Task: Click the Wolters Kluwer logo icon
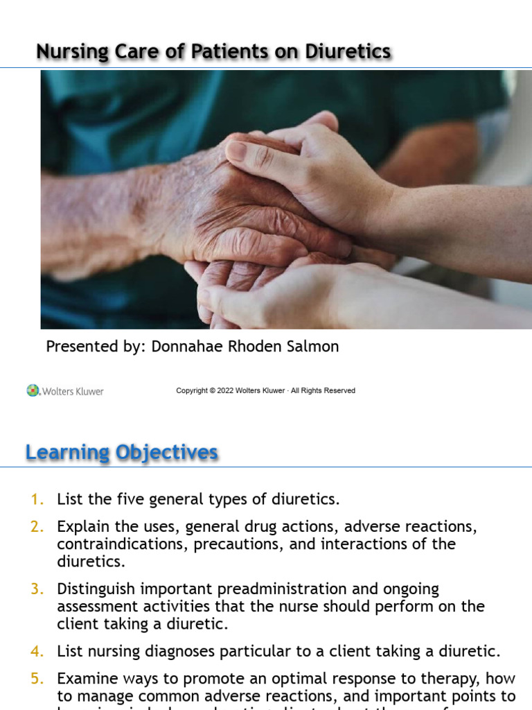click(x=33, y=390)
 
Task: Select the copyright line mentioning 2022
click(x=265, y=390)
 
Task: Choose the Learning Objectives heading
click(x=122, y=453)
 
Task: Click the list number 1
click(x=37, y=499)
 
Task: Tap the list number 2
click(x=37, y=527)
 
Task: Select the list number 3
click(x=37, y=589)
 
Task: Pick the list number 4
click(x=37, y=651)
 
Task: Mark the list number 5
click(x=37, y=679)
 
